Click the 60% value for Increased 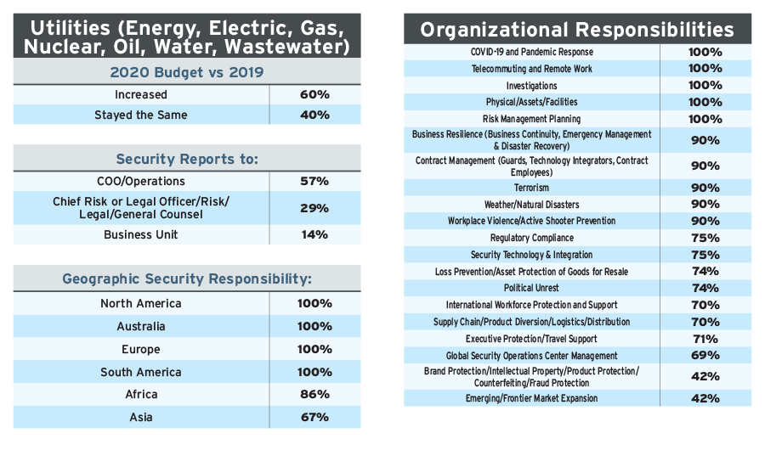(x=314, y=95)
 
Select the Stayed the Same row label (x=141, y=115)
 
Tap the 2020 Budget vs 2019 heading (x=187, y=72)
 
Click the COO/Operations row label (x=141, y=182)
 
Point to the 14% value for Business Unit (x=314, y=234)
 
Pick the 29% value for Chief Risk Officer (x=314, y=207)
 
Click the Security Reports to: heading (x=187, y=159)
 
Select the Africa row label (x=141, y=395)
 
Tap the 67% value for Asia (x=314, y=417)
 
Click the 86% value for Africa (x=314, y=395)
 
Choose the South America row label (x=141, y=372)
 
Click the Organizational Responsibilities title (x=577, y=31)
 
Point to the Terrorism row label (x=532, y=188)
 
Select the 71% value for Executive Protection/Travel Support (x=705, y=339)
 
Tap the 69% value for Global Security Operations (x=705, y=356)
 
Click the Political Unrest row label (x=532, y=288)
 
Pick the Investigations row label (x=532, y=86)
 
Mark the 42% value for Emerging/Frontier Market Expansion (x=705, y=398)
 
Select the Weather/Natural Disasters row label (x=532, y=205)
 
